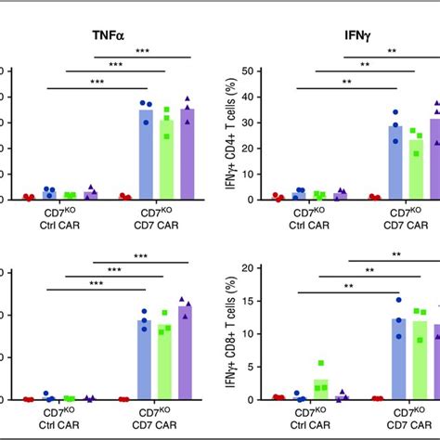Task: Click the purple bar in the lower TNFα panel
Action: pos(187,353)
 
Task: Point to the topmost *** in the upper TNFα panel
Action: pos(142,51)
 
